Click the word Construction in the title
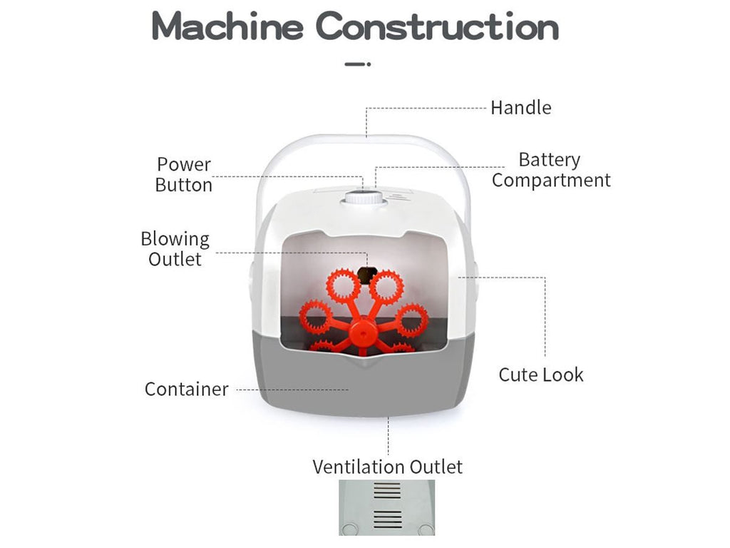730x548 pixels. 437,27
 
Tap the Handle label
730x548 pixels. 520,108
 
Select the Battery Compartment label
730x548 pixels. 550,170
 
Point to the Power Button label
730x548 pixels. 184,175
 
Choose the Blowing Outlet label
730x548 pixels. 175,248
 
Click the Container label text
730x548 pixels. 186,389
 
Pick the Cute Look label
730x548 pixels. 540,375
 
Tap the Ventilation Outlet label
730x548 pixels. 387,467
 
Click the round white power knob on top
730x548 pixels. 364,198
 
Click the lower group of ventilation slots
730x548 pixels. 388,519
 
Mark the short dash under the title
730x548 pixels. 357,64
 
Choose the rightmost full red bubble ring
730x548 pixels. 412,320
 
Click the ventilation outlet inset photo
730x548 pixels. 386,507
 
